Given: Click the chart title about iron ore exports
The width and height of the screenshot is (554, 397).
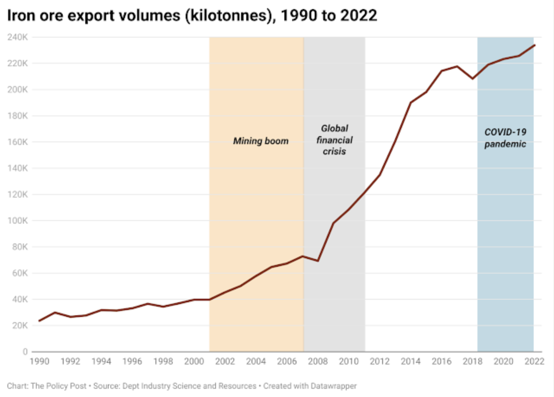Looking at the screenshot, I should click(192, 16).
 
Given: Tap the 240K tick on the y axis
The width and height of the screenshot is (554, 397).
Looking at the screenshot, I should click(18, 37).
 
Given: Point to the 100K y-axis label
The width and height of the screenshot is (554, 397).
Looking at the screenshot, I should click(18, 221).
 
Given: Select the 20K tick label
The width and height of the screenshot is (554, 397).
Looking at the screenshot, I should click(19, 326).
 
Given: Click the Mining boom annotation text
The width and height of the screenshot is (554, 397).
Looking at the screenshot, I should click(261, 141).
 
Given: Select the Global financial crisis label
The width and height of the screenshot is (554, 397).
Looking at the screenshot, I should click(334, 140).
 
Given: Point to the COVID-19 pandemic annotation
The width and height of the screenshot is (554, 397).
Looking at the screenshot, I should click(505, 138).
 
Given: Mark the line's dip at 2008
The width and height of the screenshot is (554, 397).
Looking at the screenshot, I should click(318, 261).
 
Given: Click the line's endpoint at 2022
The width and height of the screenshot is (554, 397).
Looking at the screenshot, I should click(535, 45).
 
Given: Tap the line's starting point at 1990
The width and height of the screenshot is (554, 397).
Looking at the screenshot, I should click(39, 321).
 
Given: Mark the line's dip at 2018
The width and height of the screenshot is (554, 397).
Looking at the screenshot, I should click(473, 79).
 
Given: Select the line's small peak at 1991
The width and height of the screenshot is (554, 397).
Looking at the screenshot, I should click(55, 312).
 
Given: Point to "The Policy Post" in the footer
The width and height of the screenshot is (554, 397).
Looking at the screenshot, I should click(60, 386).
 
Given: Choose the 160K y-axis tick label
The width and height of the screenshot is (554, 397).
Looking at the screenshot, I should click(18, 142).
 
